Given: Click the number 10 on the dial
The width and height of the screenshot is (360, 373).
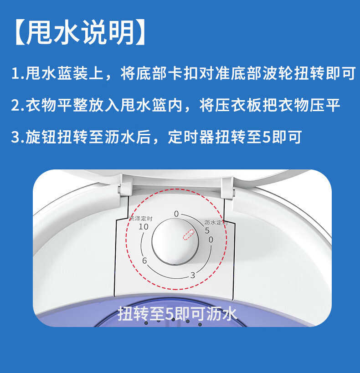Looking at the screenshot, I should (144, 227).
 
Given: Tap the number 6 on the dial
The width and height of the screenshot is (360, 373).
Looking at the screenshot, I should (144, 261).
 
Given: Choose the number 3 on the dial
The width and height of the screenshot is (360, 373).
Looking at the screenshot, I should (192, 275).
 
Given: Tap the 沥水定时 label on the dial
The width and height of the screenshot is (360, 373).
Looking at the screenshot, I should (216, 223).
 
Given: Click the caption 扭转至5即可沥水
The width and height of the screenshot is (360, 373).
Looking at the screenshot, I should (178, 314).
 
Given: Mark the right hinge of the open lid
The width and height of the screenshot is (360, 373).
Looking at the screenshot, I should (228, 189).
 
